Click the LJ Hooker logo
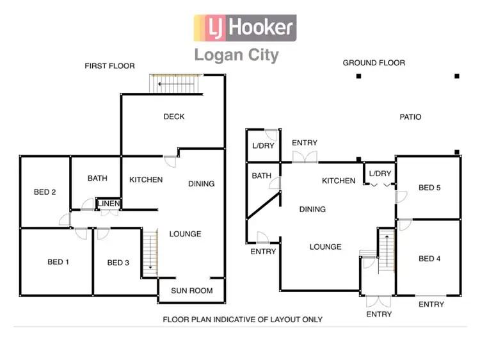[245, 28]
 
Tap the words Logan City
[237, 54]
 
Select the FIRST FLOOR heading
[110, 66]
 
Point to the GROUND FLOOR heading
[374, 63]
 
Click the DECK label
[174, 117]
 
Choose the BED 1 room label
[58, 262]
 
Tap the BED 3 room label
[118, 263]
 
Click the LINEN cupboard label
[108, 204]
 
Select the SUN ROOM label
[191, 291]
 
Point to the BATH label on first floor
[97, 179]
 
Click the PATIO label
[410, 117]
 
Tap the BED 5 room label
[429, 188]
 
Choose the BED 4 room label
[429, 259]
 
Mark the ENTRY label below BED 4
[431, 304]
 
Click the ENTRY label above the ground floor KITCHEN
[305, 143]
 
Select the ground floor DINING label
[312, 209]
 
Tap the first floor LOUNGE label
[185, 234]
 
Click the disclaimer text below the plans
[243, 319]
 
